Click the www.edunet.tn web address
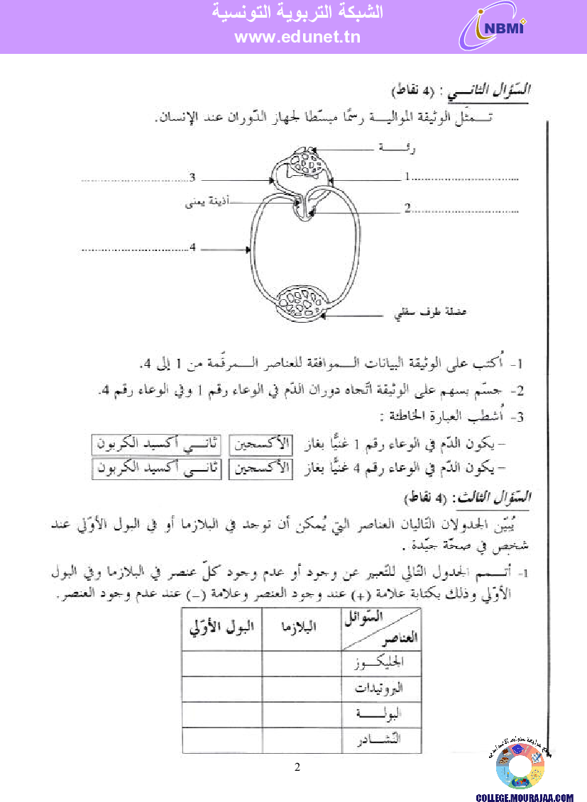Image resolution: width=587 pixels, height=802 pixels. tap(297, 38)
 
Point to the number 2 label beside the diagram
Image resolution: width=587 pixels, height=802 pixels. tap(407, 208)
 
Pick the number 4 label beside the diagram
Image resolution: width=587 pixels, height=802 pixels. tap(192, 247)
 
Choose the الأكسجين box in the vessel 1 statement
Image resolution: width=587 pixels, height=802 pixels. tap(260, 445)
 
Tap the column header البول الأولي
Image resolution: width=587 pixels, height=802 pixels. tap(221, 626)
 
